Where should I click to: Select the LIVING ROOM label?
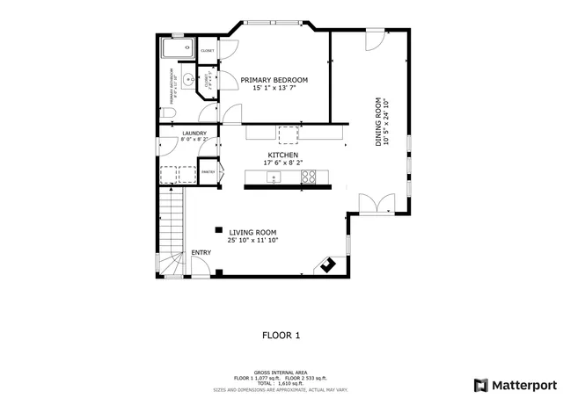(x=252, y=232)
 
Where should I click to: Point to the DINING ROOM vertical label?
(x=379, y=121)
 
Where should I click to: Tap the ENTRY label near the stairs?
(x=201, y=253)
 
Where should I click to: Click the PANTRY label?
(x=208, y=172)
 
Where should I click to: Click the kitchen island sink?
(x=274, y=178)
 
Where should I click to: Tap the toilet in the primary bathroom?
(x=171, y=114)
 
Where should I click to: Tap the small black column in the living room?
(x=217, y=230)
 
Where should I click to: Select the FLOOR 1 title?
(x=281, y=335)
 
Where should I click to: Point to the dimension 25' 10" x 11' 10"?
(x=252, y=240)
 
